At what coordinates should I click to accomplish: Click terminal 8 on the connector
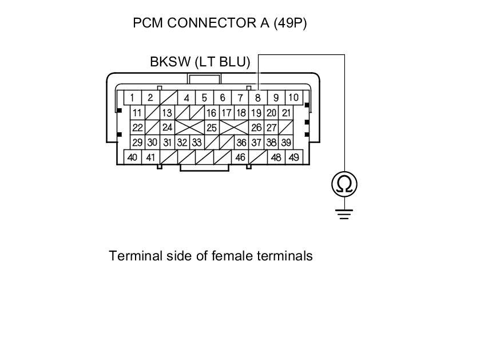258,97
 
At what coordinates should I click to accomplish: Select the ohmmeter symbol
344,184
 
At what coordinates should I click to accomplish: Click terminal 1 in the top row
132,97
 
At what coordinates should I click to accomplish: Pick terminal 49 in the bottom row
293,157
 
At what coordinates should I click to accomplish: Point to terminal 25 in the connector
211,128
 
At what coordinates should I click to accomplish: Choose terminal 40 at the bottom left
132,157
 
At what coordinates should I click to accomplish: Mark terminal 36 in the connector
241,143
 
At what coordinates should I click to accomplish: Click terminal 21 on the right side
287,113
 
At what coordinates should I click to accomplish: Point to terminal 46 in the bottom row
241,157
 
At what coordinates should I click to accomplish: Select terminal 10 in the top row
293,97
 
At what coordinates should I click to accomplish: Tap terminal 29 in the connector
137,143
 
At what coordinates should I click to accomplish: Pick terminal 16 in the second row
211,113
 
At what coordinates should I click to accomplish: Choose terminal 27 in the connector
272,128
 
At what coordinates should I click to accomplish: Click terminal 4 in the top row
187,97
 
